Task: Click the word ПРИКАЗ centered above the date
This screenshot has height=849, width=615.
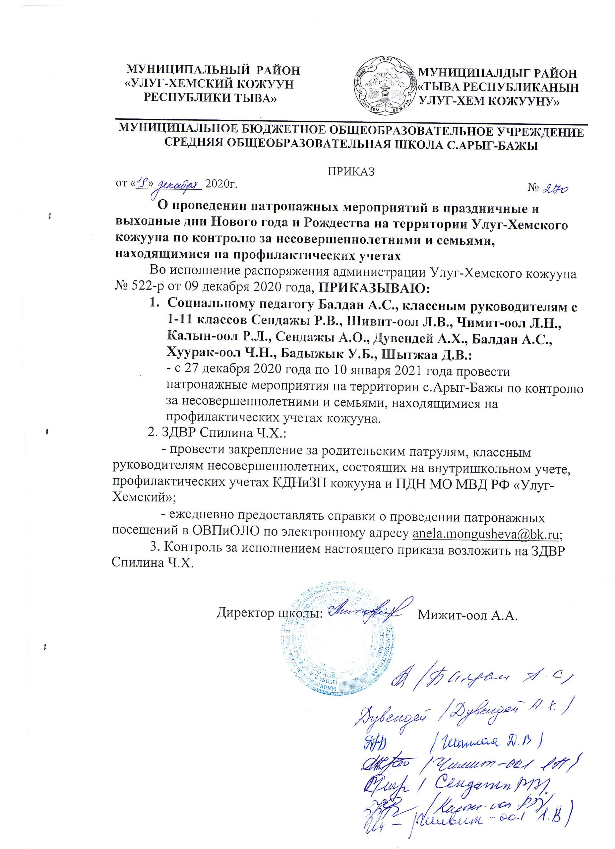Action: pos(351,171)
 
